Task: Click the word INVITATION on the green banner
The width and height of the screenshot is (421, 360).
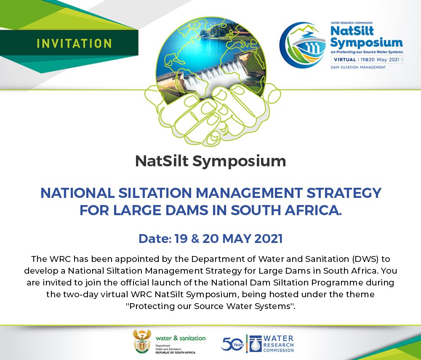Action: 74,43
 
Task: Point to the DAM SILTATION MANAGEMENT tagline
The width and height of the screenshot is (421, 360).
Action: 358,67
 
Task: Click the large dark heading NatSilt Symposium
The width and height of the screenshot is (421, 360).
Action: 210,161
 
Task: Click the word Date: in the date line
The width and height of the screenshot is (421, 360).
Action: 154,239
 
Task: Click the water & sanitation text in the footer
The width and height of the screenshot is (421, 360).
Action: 181,338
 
